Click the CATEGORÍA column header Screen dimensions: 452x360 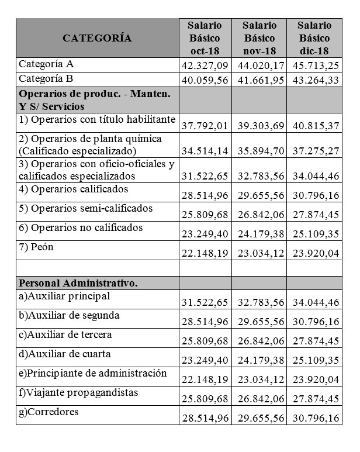click(97, 39)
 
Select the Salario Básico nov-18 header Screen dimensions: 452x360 click(259, 38)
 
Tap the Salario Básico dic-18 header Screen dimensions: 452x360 click(314, 38)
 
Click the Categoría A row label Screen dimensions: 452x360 click(47, 64)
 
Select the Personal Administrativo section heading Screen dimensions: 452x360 click(78, 283)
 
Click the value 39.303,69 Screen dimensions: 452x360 click(259, 125)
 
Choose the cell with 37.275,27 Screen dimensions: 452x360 click(314, 151)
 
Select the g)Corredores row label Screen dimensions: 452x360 click(49, 412)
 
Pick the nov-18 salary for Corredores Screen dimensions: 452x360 click(259, 418)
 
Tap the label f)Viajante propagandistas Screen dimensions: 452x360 click(78, 392)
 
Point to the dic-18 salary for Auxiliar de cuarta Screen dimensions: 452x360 click(314, 360)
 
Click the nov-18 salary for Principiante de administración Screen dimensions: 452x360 click(259, 379)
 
